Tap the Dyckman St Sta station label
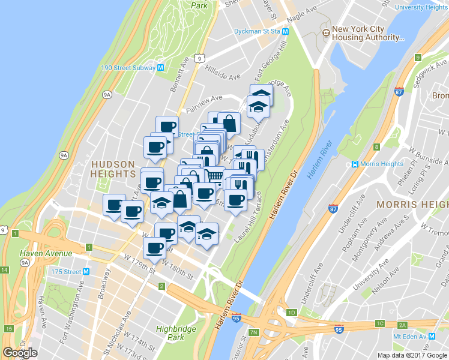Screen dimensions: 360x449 pos(256,31)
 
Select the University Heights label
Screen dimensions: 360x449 pos(422,7)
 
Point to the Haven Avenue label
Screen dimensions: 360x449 pos(46,253)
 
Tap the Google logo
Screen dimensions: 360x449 pos(20,353)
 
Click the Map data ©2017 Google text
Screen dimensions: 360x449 pos(412,355)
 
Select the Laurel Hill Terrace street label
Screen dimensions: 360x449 pos(249,216)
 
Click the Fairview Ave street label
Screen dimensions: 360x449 pos(204,103)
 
